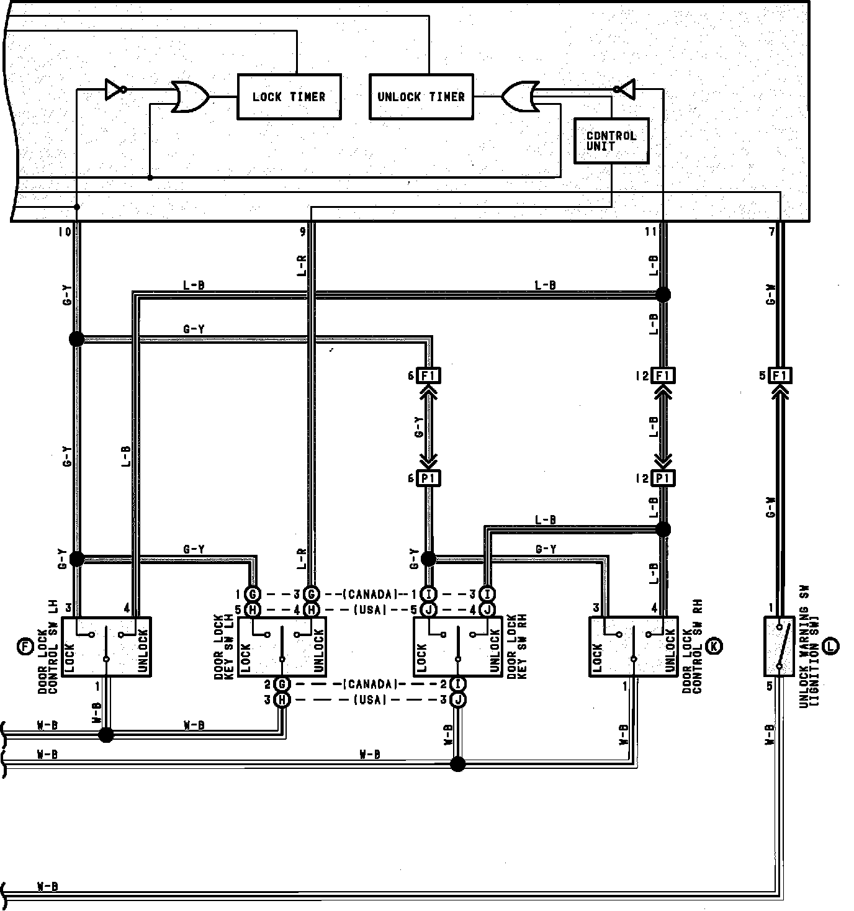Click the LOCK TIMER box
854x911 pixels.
point(289,97)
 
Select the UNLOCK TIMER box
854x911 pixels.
point(421,97)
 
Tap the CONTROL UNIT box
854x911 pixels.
point(611,141)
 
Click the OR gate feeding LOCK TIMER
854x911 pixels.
point(190,96)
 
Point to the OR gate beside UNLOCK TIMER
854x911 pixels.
point(519,96)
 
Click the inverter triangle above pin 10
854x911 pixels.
point(115,89)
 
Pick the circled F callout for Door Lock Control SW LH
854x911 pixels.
point(25,647)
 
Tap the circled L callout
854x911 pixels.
point(830,647)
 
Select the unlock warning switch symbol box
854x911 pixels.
point(780,646)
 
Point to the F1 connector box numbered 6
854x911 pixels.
point(429,375)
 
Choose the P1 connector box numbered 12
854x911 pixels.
point(663,478)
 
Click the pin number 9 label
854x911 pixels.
point(302,232)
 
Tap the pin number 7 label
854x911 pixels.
point(771,232)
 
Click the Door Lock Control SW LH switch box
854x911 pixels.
point(106,647)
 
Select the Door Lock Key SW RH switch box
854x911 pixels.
point(457,647)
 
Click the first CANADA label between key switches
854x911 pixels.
point(370,595)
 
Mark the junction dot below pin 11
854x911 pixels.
point(663,294)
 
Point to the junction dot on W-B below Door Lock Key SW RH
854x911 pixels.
point(457,764)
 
